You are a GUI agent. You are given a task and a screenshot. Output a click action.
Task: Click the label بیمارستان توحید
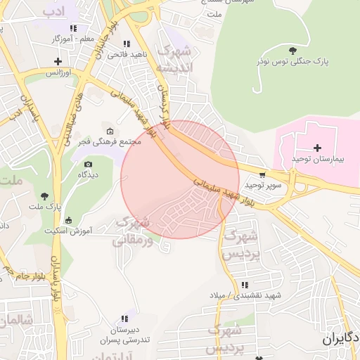[317, 160]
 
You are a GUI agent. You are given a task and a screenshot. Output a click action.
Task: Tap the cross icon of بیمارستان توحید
[317, 148]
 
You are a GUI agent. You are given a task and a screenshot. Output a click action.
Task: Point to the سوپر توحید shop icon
[262, 174]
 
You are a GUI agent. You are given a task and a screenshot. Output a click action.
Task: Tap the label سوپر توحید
[262, 185]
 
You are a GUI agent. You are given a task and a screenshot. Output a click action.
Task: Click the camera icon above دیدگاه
[88, 163]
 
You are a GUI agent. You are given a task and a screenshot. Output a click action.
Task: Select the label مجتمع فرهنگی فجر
[110, 142]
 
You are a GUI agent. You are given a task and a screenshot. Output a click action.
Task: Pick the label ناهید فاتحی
[127, 54]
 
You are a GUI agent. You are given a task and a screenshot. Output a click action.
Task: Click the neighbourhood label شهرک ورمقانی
[131, 231]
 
